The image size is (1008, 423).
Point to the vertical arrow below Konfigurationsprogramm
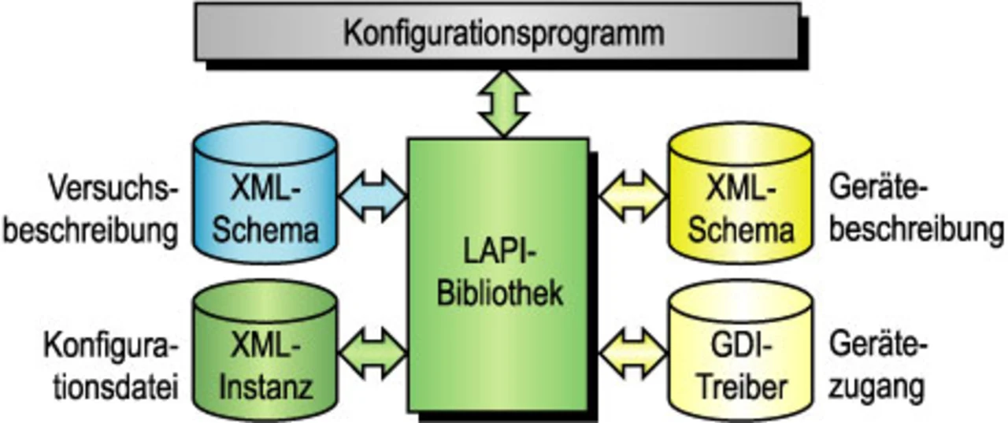503,103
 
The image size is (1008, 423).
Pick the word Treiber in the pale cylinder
739,387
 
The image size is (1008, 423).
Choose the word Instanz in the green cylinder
265,387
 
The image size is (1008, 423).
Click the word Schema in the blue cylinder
265,231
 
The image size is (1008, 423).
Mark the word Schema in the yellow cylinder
740,231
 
